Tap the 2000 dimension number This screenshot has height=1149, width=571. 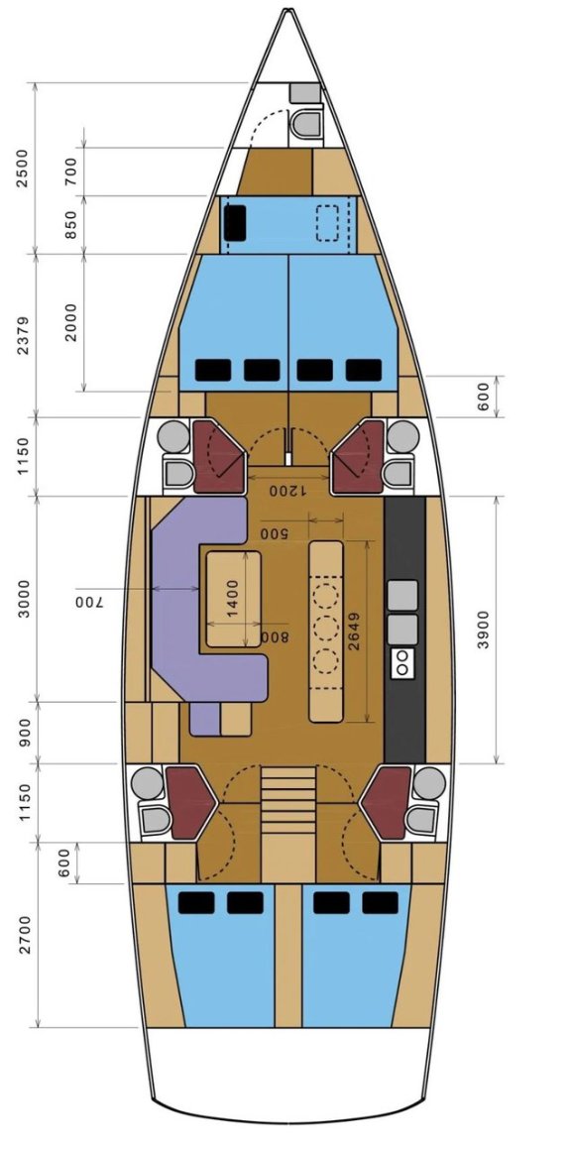[70, 320]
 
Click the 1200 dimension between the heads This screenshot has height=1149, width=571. [288, 489]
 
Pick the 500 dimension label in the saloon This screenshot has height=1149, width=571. [275, 533]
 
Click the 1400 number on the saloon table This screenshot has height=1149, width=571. [233, 600]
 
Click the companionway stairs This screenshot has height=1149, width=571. [288, 801]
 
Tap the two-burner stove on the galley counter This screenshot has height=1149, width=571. [403, 662]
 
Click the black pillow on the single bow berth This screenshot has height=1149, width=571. [235, 222]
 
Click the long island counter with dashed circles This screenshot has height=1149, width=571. [325, 631]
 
